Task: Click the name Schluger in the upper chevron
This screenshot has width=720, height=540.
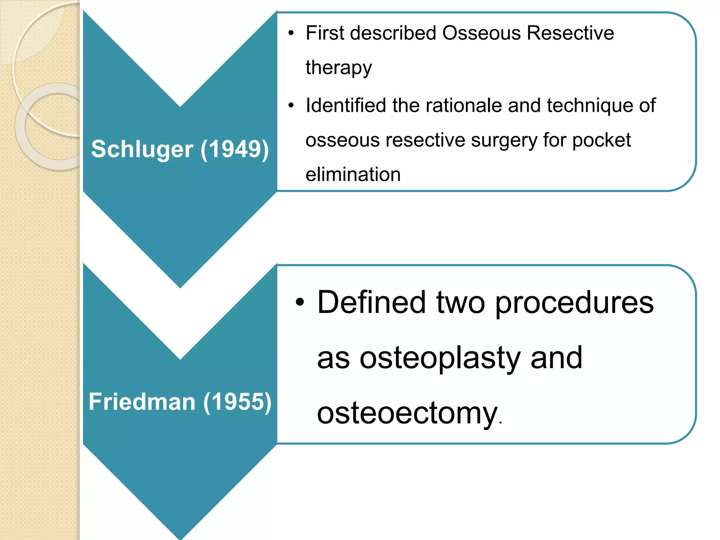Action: (x=142, y=149)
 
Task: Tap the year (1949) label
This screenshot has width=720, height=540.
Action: (x=234, y=149)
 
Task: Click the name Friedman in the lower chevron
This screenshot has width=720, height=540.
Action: (x=142, y=401)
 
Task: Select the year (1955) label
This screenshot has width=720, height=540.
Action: (x=237, y=401)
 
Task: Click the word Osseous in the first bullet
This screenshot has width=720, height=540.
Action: (x=481, y=33)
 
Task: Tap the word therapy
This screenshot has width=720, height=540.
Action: (x=339, y=67)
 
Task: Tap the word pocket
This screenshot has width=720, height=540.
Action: (x=602, y=140)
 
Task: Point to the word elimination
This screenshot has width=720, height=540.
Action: (x=353, y=174)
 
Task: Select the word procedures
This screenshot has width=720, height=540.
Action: (x=574, y=303)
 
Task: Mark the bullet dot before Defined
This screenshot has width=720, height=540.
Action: (x=299, y=302)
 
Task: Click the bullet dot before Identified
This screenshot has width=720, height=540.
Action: (x=291, y=106)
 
